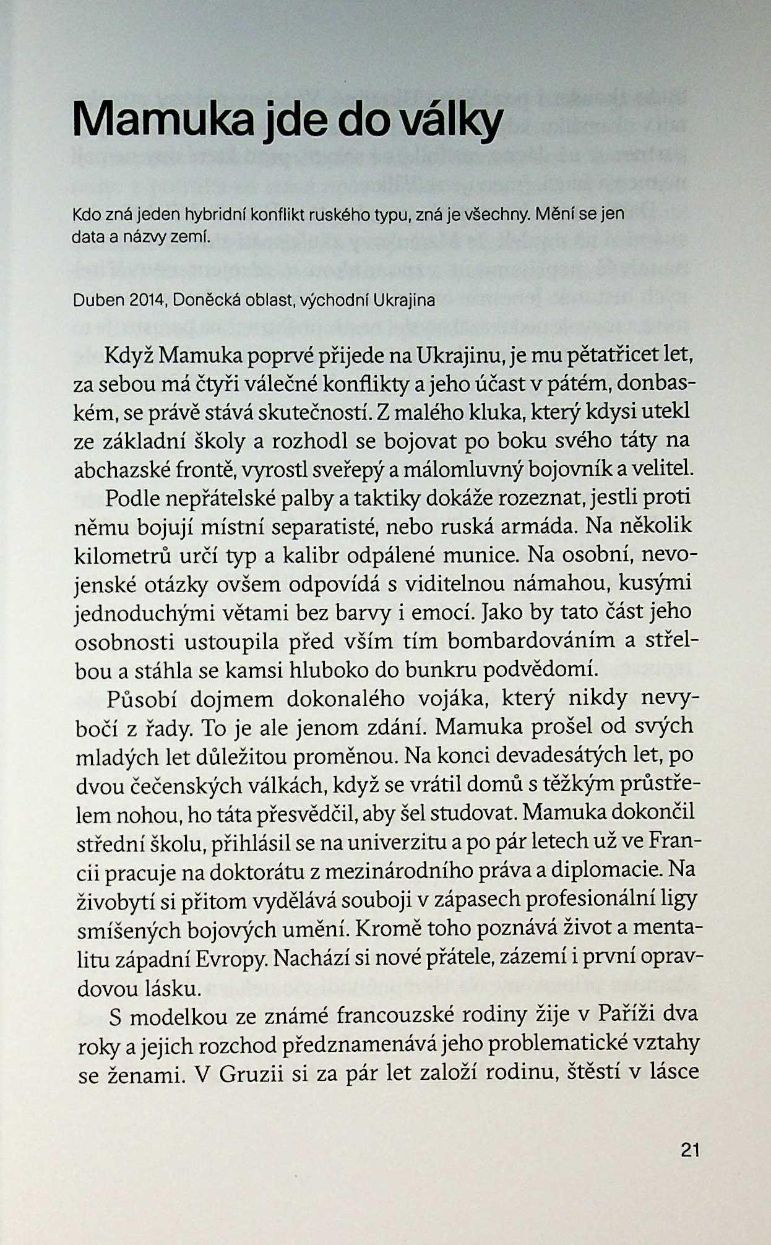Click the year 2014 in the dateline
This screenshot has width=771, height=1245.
148,301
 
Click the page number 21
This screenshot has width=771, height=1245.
689,1150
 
